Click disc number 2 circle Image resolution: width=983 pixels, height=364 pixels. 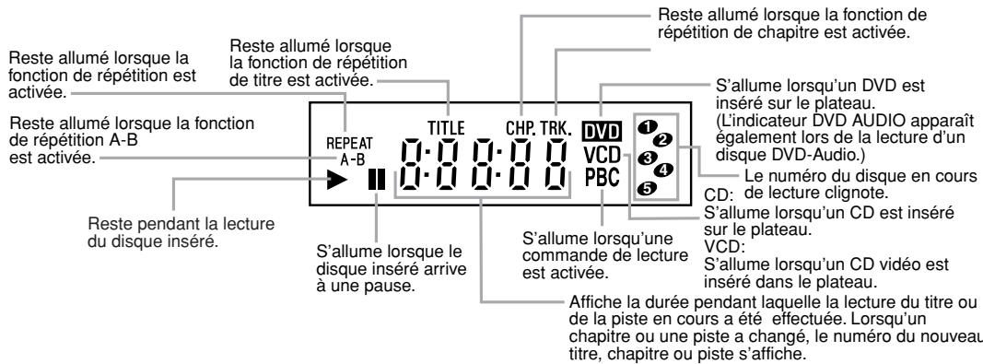point(661,138)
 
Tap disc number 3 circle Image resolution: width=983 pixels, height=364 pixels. point(646,156)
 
